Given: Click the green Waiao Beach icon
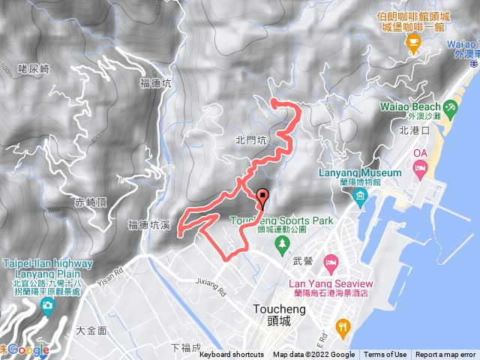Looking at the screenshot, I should [x=451, y=109].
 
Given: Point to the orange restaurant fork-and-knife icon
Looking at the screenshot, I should [x=343, y=326].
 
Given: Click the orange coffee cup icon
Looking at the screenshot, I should [x=412, y=45].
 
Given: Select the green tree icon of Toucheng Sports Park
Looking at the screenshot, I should [x=281, y=243].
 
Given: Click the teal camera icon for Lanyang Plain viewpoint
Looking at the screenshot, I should [x=48, y=306].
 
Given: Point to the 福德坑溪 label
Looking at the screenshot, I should [x=150, y=224].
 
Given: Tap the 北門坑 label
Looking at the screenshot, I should [x=250, y=139].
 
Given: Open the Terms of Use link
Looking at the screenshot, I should [x=385, y=355].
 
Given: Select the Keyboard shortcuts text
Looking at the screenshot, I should [x=232, y=355].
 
